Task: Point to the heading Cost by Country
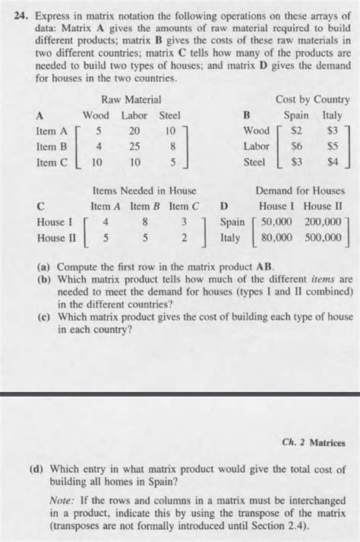pos(314,99)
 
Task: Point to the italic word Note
pos(61,502)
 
